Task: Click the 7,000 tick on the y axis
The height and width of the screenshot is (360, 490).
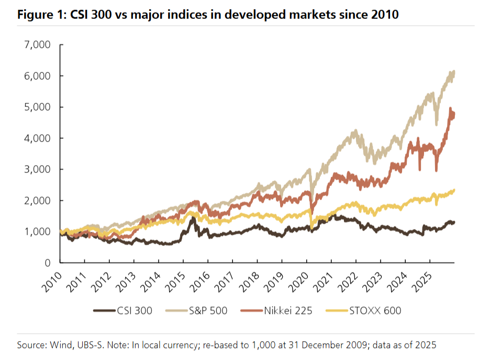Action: click(x=37, y=45)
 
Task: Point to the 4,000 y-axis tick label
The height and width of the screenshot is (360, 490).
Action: click(x=37, y=138)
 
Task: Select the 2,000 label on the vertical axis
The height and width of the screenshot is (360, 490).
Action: click(x=37, y=201)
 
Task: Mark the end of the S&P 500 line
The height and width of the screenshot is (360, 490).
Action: click(x=453, y=72)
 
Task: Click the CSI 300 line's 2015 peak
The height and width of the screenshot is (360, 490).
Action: click(x=192, y=217)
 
